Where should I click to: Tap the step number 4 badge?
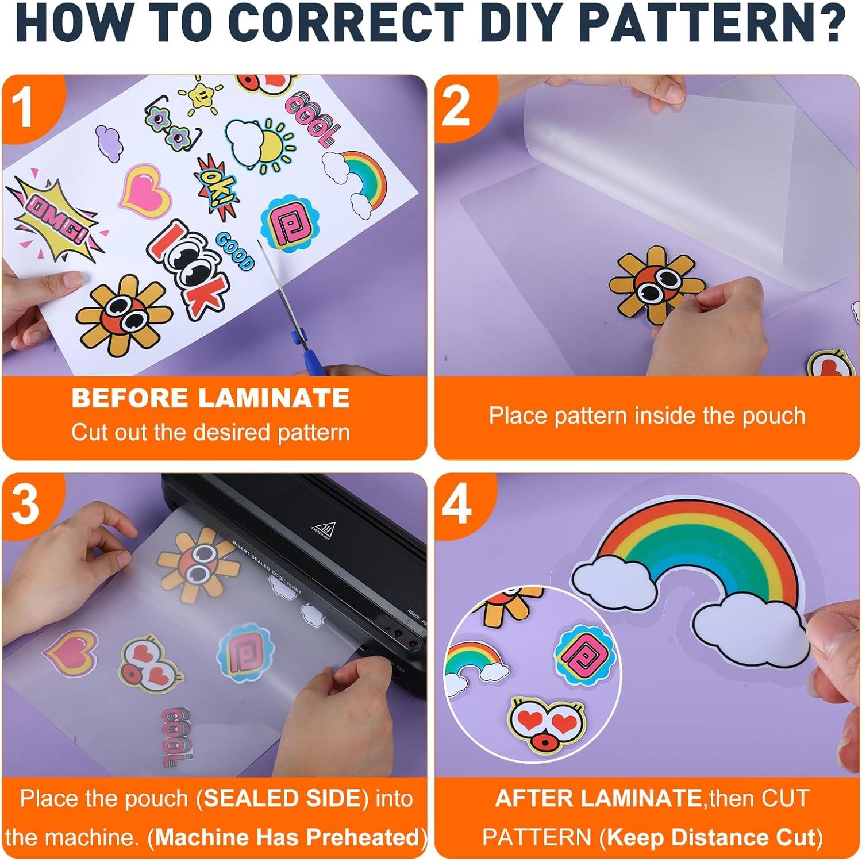tap(457, 506)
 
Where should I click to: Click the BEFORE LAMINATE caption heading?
tap(210, 398)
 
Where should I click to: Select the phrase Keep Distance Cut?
tap(711, 838)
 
